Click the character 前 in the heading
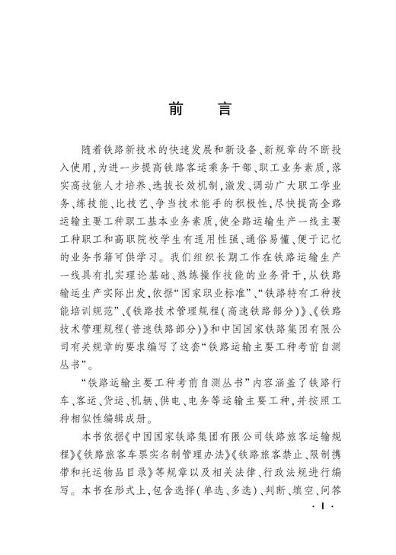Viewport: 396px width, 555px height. pos(174,108)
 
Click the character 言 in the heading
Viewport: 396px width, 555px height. pos(222,108)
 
